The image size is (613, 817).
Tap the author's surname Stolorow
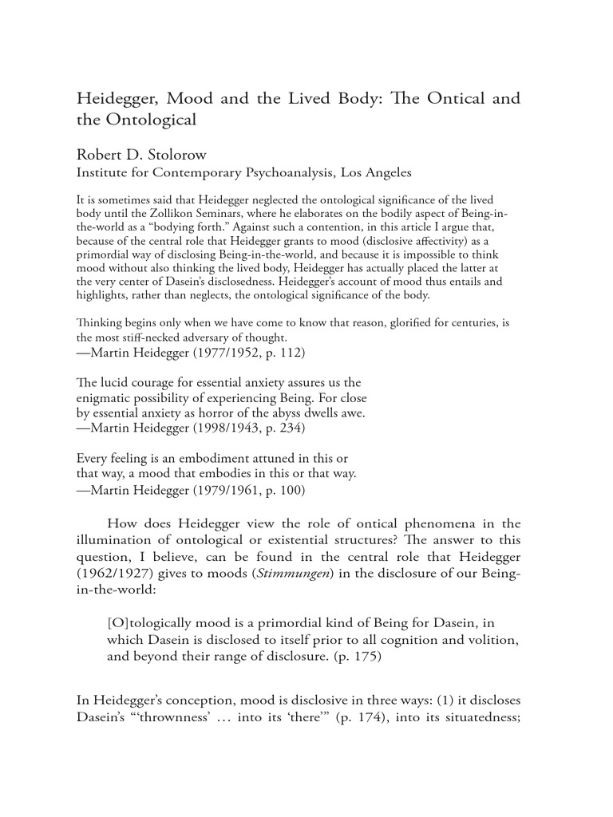tap(184, 154)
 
